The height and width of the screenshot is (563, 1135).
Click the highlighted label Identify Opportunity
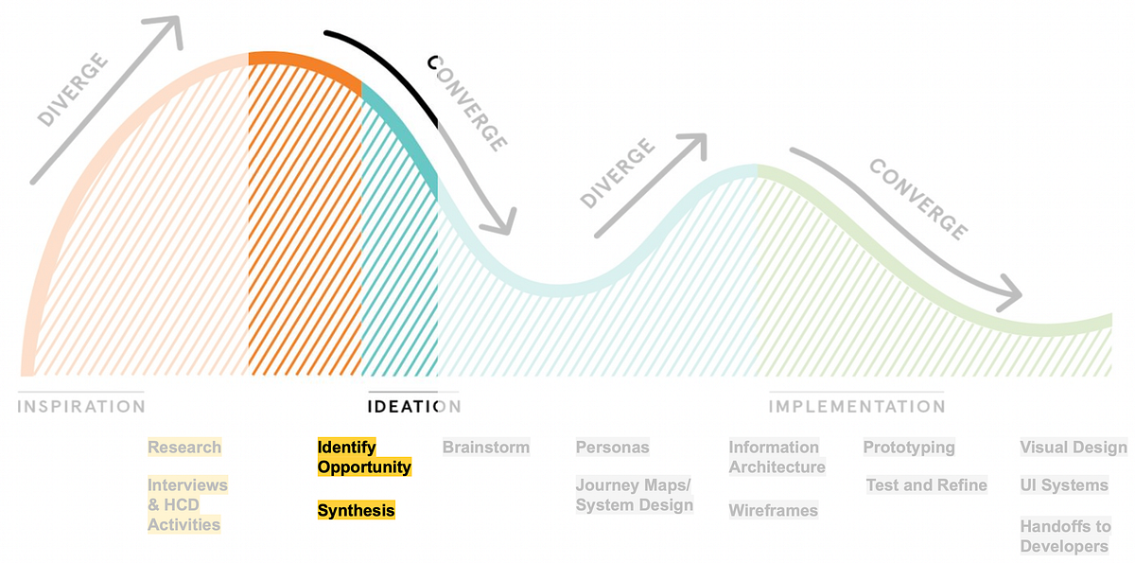point(364,457)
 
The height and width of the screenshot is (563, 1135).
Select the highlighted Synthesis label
point(356,511)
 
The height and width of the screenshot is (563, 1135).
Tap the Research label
point(184,448)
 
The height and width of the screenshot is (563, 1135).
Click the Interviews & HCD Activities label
point(186,504)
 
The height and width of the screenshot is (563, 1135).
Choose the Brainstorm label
point(486,448)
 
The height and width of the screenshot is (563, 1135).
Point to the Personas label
point(612,448)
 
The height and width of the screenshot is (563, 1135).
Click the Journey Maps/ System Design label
point(634,495)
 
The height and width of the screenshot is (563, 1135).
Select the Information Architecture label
point(777,457)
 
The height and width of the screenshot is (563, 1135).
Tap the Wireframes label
point(773,511)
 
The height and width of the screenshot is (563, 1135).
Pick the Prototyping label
point(909,448)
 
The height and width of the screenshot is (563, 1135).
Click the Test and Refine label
point(926,485)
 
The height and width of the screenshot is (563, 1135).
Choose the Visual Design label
point(1073,448)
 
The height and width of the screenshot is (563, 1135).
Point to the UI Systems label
point(1063,485)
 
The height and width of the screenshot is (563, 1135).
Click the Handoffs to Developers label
point(1065,537)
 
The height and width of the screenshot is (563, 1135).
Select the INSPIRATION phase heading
point(81,407)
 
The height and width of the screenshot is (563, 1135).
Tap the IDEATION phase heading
point(413,407)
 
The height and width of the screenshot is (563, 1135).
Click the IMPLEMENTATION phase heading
point(856,407)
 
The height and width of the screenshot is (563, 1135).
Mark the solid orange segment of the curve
point(305,66)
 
